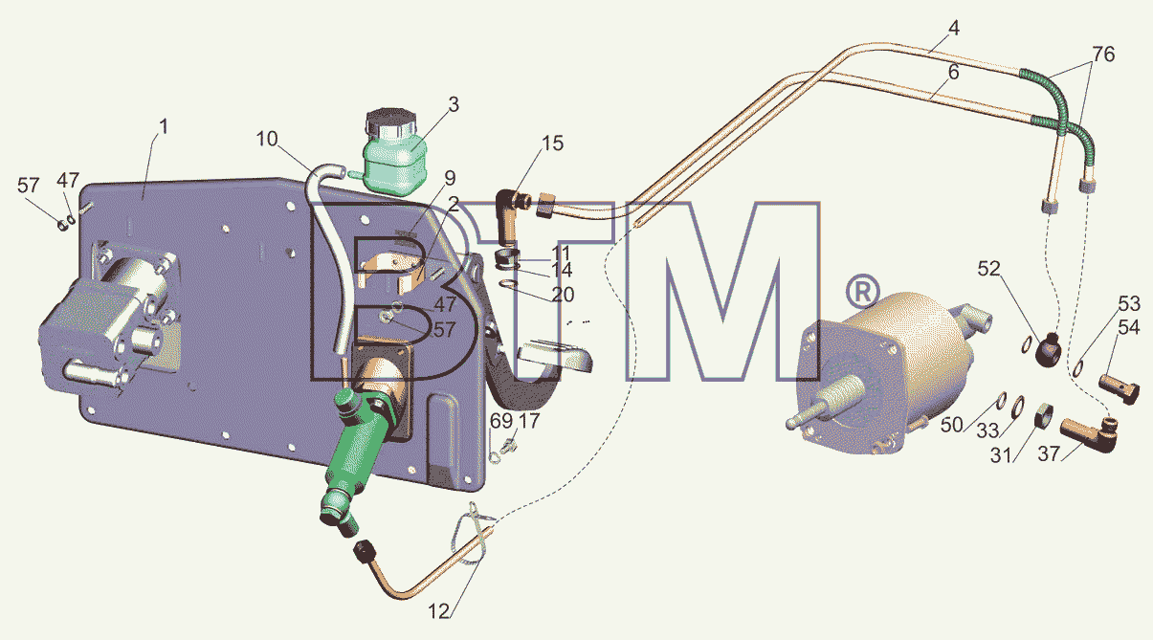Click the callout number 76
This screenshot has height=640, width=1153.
tap(1103, 54)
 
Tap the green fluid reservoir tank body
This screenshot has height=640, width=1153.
tap(395, 164)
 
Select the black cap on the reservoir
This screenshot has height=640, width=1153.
tap(390, 122)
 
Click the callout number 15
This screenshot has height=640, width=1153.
tap(552, 143)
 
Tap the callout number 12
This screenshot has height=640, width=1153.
tap(439, 611)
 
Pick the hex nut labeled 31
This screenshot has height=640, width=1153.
tap(1043, 415)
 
